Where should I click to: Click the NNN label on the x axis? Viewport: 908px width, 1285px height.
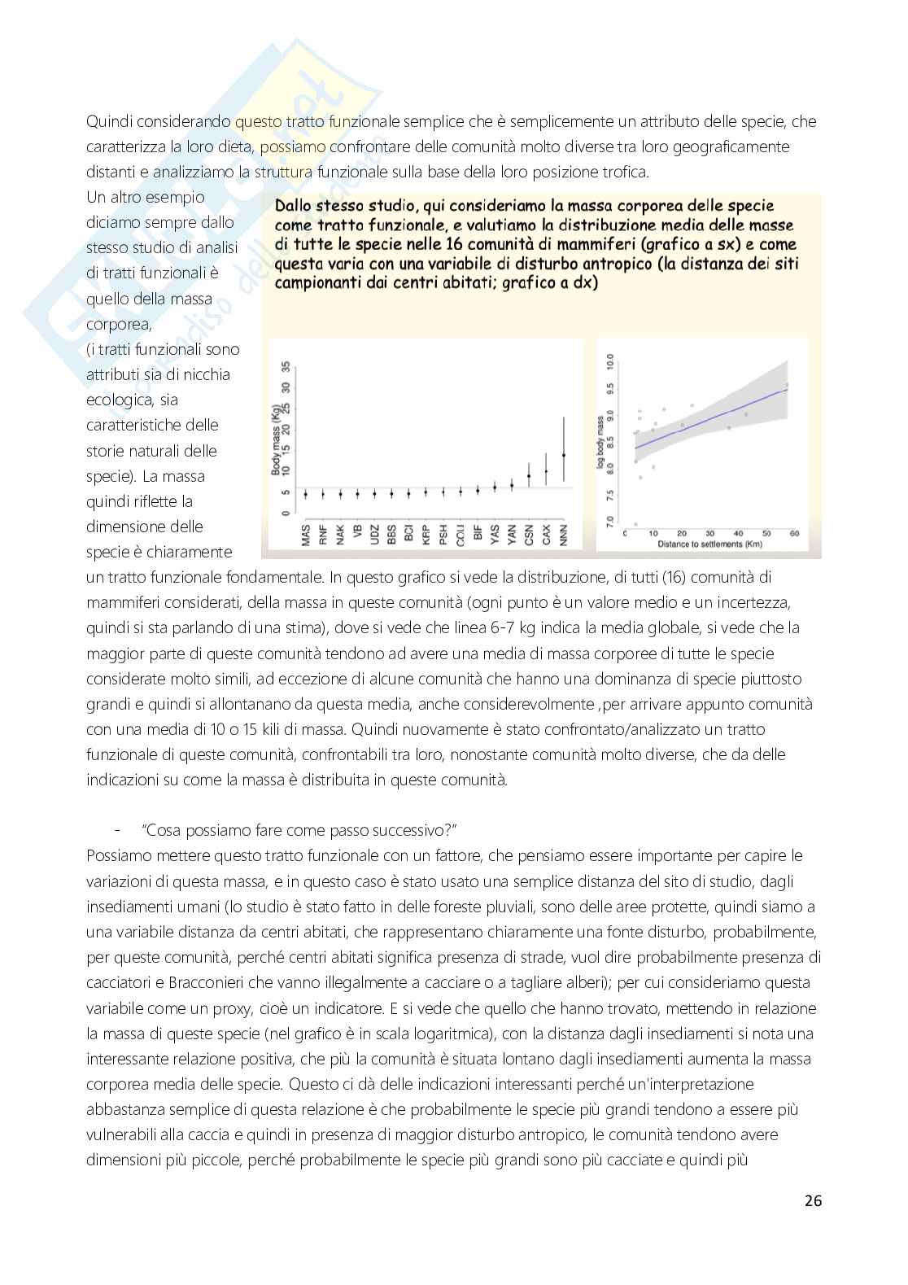click(564, 535)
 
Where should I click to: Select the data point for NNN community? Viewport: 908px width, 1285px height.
click(564, 455)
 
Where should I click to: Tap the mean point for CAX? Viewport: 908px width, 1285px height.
click(546, 471)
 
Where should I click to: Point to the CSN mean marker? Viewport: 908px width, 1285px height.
click(529, 476)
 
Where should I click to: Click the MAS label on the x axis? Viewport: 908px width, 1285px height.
click(306, 535)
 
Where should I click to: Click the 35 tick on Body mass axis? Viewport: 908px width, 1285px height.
click(285, 366)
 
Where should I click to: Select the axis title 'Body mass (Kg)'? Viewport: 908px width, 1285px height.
click(276, 439)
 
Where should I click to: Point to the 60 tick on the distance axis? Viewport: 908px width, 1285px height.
click(793, 533)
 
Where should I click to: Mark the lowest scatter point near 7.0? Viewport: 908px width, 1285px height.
click(635, 523)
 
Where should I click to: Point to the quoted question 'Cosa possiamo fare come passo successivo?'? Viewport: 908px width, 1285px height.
click(300, 830)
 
